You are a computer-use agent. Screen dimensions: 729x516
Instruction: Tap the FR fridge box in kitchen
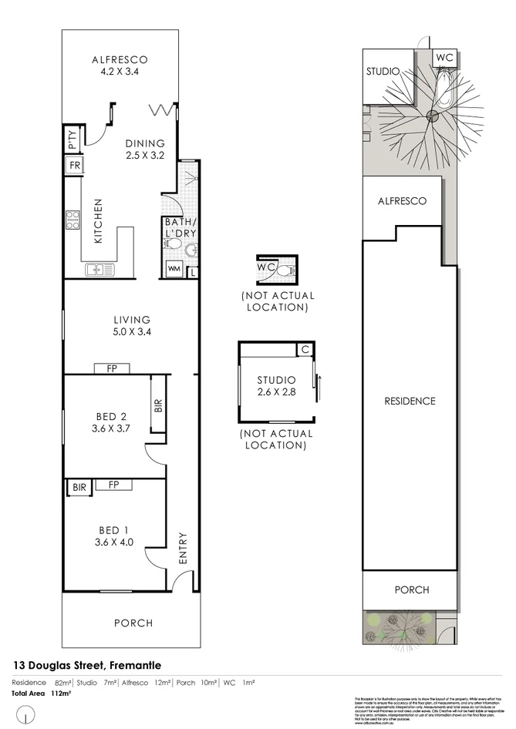click(x=75, y=166)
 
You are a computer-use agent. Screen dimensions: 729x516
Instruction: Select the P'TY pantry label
click(x=72, y=140)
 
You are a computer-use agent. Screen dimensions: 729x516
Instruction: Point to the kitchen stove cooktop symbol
click(x=73, y=220)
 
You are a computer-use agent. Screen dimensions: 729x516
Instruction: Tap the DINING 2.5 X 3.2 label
click(x=146, y=149)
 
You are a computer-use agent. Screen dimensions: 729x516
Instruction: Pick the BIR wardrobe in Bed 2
click(x=158, y=405)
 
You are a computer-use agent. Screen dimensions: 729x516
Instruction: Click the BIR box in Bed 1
click(x=79, y=486)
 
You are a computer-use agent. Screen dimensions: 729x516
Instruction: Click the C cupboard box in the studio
click(x=305, y=350)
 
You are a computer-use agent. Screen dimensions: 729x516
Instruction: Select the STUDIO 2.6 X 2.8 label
click(x=276, y=386)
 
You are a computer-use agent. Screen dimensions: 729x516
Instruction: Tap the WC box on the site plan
click(x=444, y=58)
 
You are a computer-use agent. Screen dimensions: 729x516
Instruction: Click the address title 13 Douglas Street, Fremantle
click(x=87, y=664)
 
